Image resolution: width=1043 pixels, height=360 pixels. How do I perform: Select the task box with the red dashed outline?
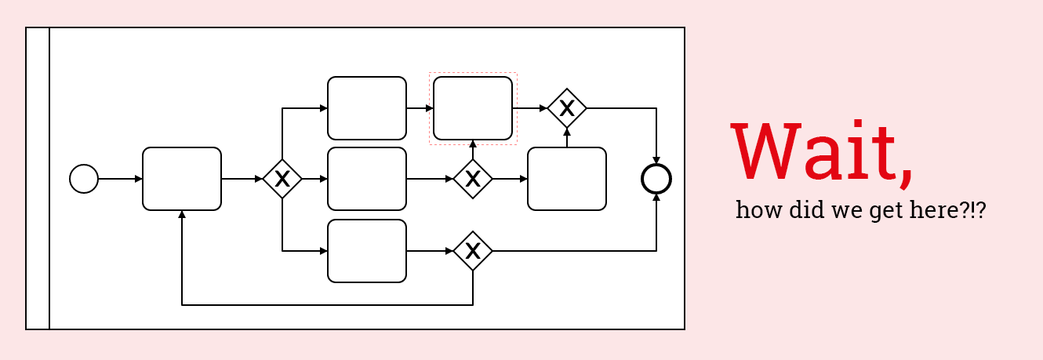click(473, 108)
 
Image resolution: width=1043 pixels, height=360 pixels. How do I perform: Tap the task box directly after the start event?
click(182, 179)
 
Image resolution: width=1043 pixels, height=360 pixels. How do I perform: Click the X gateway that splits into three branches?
click(282, 179)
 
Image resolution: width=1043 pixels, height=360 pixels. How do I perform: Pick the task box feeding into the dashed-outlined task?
click(367, 108)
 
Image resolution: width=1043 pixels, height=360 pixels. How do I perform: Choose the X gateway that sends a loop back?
click(473, 251)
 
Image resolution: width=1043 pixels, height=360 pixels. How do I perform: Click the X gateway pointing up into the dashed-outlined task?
click(473, 179)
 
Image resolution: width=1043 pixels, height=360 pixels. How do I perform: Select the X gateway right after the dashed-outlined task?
click(567, 108)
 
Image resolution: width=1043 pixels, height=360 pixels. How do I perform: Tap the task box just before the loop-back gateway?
click(367, 251)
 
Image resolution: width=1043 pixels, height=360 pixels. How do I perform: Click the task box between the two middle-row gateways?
click(367, 179)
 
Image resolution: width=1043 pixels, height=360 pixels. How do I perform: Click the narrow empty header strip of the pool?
click(38, 178)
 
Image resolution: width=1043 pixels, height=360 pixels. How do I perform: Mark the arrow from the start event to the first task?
click(120, 179)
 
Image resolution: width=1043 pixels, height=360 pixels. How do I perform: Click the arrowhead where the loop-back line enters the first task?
click(182, 214)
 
